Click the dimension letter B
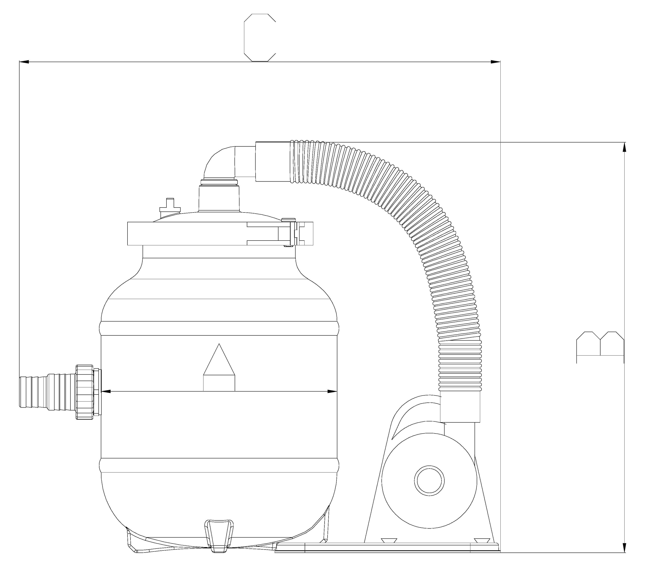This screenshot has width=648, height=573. pos(600,347)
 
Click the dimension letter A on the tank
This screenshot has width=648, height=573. pos(219,367)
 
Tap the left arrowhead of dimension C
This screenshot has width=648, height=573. pos(24,62)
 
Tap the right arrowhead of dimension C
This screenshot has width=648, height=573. pos(495,62)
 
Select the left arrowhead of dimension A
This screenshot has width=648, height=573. pos(106,391)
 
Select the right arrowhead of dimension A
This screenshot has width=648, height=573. pos(332,391)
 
